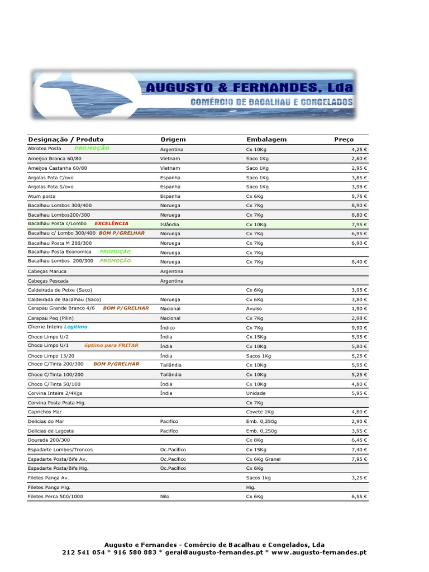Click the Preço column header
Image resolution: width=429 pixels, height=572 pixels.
coord(344,140)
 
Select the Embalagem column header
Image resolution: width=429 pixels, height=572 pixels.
coord(266,140)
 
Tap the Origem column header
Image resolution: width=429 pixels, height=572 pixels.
coord(173,140)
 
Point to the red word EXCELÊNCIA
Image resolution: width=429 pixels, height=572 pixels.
coord(112,223)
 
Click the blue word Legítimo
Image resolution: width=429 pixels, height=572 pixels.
coord(75,327)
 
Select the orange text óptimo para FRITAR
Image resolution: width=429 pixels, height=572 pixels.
coord(111,345)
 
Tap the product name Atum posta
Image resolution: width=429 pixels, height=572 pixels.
coord(42,197)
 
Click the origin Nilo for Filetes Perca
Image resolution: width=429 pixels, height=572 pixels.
coord(164,497)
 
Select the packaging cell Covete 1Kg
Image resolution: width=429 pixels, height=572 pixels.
coord(260,412)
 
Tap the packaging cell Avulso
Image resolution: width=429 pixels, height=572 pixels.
coord(254,309)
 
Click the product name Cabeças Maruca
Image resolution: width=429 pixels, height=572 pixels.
coord(47,271)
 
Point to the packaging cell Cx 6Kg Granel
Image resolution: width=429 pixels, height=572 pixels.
coord(263,459)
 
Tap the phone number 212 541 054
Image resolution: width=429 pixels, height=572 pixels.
coord(83,552)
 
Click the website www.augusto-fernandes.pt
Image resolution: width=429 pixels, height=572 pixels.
coord(320,552)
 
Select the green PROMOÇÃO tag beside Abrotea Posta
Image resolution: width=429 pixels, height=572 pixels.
coord(92,149)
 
